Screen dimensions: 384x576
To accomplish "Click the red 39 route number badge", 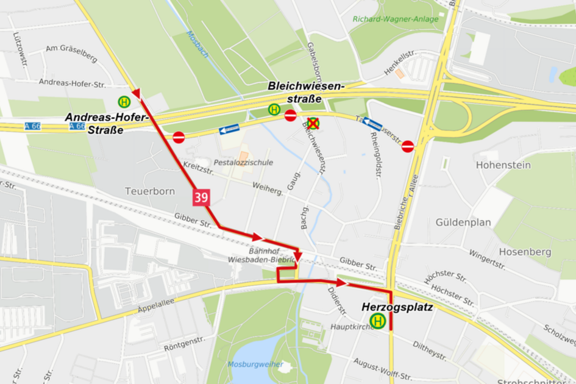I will coord(201,197).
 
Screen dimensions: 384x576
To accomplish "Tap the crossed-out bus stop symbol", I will coord(313,124).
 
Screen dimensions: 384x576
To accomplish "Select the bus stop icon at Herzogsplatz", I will coord(377,321).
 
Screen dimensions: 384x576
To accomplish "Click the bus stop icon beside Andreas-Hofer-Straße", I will coord(124,102).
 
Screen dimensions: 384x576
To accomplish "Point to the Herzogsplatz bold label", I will coord(397,307).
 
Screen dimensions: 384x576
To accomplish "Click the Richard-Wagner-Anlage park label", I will coord(395,19).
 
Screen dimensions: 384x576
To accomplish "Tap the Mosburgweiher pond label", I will coord(255,364).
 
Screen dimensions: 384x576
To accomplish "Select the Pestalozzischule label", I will coord(243,163).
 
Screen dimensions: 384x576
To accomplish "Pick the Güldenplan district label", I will coord(463,222).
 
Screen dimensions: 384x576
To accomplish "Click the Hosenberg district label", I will coord(525,251).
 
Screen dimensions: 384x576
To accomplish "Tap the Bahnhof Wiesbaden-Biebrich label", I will coord(272,255).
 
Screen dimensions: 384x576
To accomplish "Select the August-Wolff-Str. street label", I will coord(382,369).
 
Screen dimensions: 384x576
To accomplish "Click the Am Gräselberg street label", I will coord(71,54).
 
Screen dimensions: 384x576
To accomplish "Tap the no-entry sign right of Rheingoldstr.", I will coord(408,146).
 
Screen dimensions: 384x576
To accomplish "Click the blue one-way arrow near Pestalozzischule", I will coord(229,129).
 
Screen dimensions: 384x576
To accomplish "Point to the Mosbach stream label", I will coord(197,44).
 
